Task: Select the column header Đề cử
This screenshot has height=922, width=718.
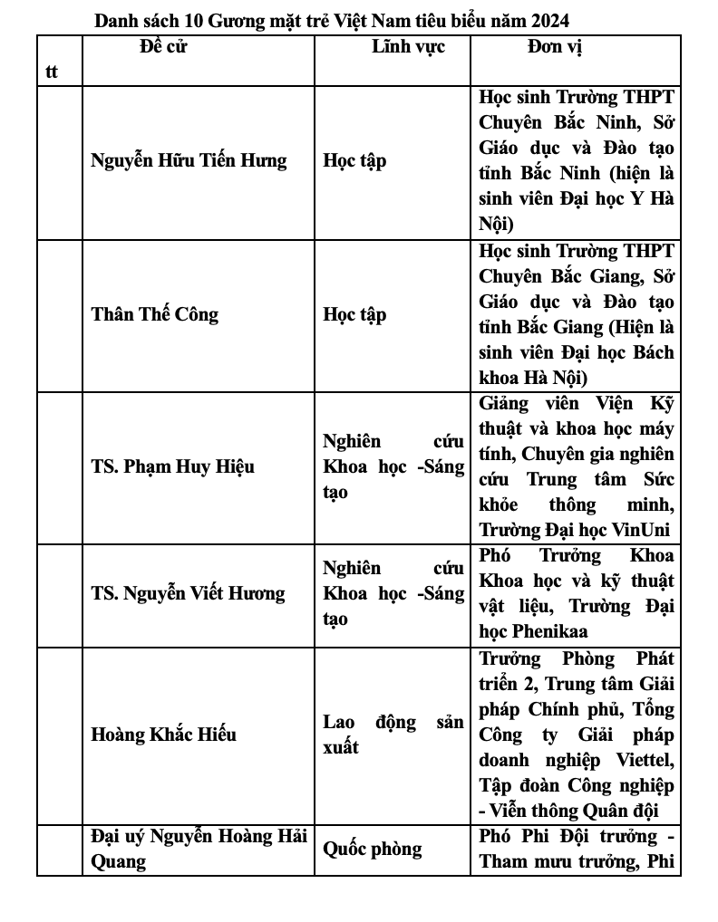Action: (x=163, y=46)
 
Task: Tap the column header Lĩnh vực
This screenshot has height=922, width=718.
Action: (x=408, y=46)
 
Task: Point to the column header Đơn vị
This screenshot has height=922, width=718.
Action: (x=554, y=46)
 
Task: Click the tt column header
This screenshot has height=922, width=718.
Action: (x=52, y=72)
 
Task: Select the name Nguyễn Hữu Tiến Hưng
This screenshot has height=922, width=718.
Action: (x=189, y=161)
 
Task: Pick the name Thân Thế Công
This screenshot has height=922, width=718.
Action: (x=155, y=314)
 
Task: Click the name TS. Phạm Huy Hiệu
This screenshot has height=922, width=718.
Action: (x=172, y=466)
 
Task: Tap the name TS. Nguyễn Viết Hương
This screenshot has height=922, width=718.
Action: (x=188, y=593)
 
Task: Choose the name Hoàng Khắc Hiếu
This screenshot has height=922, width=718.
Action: (x=163, y=734)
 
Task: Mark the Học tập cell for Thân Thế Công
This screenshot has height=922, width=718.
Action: (x=354, y=314)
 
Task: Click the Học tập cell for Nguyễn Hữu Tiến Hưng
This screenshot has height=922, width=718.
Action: (x=354, y=161)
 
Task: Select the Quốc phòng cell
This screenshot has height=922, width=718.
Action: (x=372, y=849)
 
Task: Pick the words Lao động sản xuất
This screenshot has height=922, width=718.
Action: (x=393, y=735)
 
